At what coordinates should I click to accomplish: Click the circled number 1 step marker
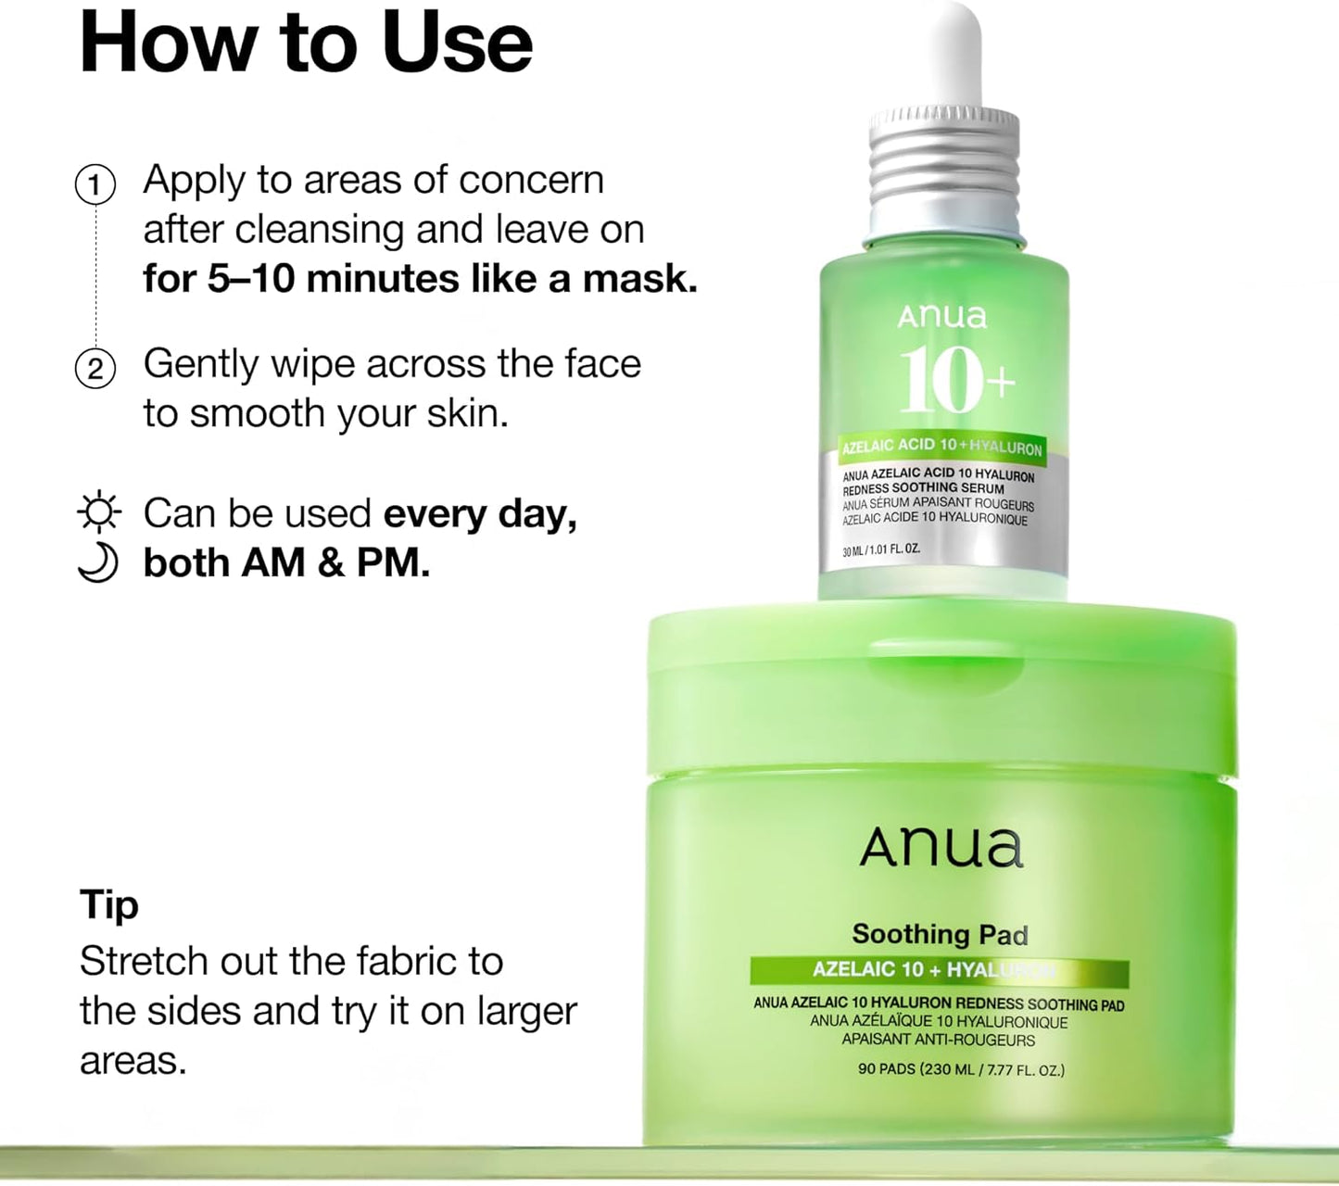click(x=95, y=184)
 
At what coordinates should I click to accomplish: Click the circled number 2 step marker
click(x=95, y=369)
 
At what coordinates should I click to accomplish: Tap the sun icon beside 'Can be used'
click(x=98, y=512)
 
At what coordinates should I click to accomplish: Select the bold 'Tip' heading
click(x=109, y=904)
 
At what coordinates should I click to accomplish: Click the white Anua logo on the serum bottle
click(x=941, y=317)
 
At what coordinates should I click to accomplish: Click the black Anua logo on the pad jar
click(x=941, y=847)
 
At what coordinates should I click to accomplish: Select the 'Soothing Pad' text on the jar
click(x=940, y=934)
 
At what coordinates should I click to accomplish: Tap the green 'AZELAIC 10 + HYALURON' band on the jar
click(x=939, y=970)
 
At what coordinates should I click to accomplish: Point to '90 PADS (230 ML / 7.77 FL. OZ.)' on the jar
click(x=961, y=1069)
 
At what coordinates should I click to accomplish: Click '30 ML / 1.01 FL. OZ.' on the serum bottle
click(x=880, y=550)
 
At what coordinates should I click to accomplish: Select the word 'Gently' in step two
click(x=201, y=364)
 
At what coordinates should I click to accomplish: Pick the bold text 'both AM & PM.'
click(x=286, y=562)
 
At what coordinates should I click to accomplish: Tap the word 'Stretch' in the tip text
click(x=144, y=961)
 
